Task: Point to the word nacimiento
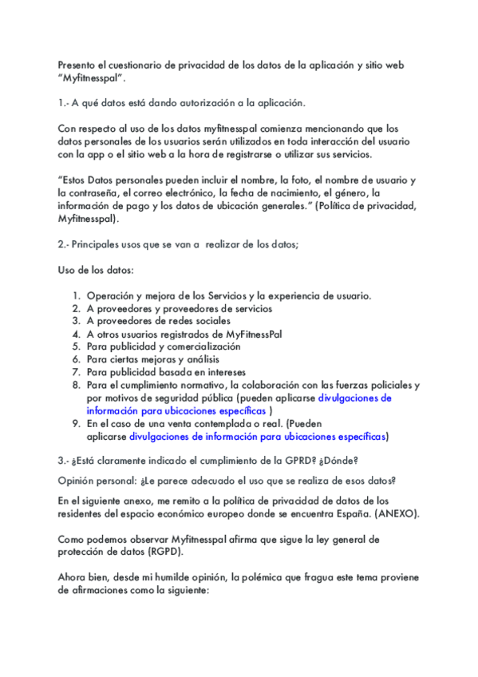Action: pos(286,193)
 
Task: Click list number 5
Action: pos(77,346)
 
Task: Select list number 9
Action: pos(77,424)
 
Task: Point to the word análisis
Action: pos(200,359)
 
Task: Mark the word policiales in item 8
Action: pos(385,385)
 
